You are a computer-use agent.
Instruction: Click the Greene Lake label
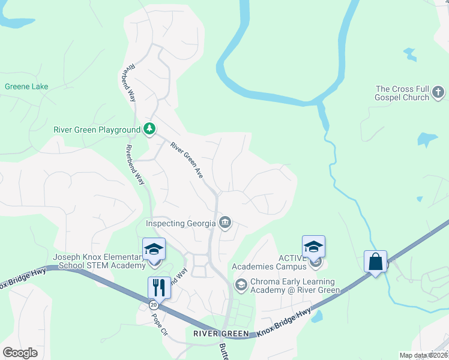[26, 86]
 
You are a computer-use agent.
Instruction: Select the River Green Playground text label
[97, 129]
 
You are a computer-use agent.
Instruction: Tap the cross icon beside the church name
[439, 93]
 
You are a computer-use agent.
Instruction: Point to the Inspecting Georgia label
[181, 224]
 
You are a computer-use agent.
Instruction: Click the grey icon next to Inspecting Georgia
[225, 223]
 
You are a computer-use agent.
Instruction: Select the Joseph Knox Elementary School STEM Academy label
[98, 261]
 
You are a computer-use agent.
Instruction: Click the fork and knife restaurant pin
[159, 286]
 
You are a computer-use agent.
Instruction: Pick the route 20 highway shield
[154, 305]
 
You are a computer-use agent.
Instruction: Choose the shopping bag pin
[375, 262]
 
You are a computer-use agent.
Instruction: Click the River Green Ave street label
[187, 163]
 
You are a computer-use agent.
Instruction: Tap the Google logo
[20, 352]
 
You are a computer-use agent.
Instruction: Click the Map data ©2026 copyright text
[423, 355]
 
